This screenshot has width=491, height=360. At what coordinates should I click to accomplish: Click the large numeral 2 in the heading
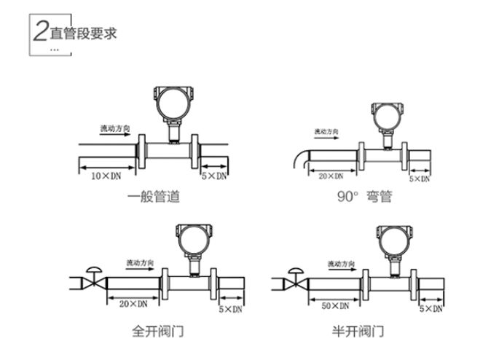pyautogui.click(x=39, y=33)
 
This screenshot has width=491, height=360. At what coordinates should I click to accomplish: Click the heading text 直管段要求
pyautogui.click(x=82, y=34)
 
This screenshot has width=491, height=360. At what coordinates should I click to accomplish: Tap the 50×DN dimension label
pyautogui.click(x=334, y=308)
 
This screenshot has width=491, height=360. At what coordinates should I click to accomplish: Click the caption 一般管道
pyautogui.click(x=152, y=196)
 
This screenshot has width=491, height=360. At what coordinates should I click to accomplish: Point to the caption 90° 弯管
pyautogui.click(x=364, y=196)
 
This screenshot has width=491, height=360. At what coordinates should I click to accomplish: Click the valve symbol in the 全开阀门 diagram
pyautogui.click(x=93, y=280)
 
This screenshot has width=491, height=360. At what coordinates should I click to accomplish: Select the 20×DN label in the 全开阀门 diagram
pyautogui.click(x=132, y=302)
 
